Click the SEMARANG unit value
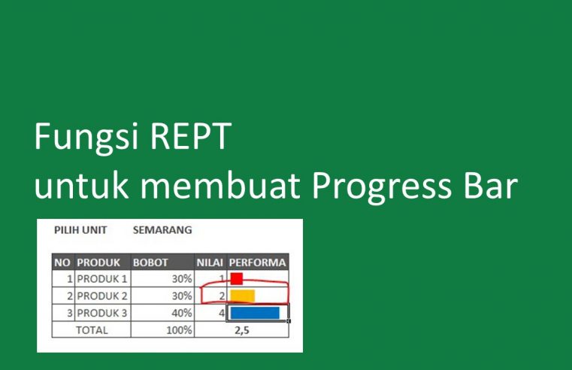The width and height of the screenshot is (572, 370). point(162,229)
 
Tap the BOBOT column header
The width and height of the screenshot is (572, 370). point(150,262)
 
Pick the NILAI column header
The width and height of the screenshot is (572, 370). point(210,262)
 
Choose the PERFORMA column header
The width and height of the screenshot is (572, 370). point(257,262)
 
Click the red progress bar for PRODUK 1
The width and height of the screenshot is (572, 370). point(237,279)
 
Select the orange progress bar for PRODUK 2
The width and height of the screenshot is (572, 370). point(243,296)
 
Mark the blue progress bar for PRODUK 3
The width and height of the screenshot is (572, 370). point(255,312)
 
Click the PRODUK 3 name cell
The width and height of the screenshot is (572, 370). point(101,312)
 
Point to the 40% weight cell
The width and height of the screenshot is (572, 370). point(181,312)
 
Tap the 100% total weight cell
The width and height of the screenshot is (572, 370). point(180,329)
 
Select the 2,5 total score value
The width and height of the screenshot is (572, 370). point(241,329)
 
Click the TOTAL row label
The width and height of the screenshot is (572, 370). point(91,329)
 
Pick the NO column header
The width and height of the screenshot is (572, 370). point(62,262)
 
